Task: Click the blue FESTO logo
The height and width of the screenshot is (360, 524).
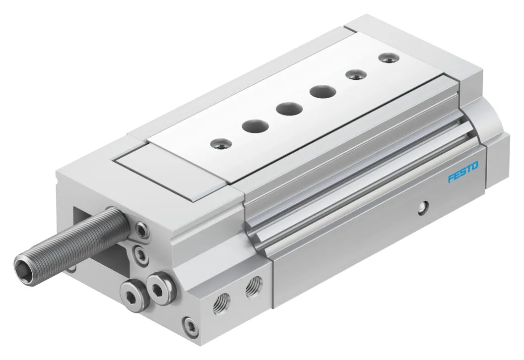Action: [x=463, y=171]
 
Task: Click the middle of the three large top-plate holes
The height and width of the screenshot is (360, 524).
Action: [x=289, y=109]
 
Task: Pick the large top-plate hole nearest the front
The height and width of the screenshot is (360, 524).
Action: [x=256, y=126]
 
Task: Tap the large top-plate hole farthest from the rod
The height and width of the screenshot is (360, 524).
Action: [x=323, y=92]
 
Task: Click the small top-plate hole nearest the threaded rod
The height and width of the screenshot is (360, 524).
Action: [x=221, y=144]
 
